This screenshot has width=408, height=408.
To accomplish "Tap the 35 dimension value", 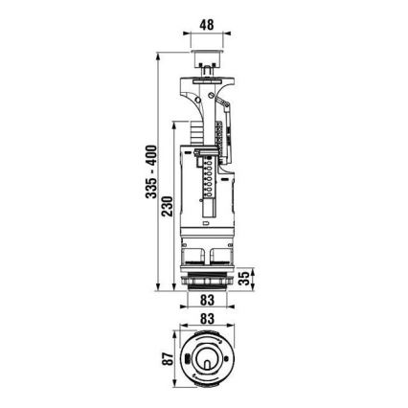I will pos(245,278).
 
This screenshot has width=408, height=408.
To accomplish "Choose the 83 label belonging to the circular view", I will pos(206,318).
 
